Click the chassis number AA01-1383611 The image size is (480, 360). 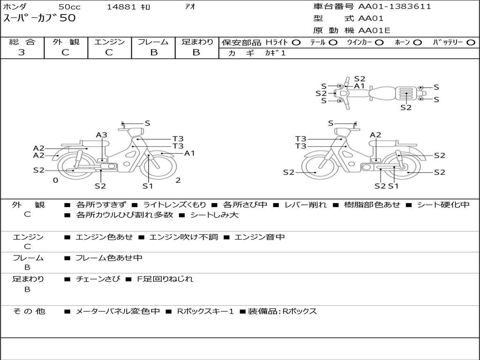click(x=395, y=7)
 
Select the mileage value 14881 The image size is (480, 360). click(x=121, y=7)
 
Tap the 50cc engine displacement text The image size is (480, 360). click(x=69, y=7)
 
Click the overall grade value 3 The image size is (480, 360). click(x=22, y=52)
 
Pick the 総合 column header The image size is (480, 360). click(x=22, y=42)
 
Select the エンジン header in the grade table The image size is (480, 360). click(x=109, y=42)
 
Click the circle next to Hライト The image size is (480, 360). click(x=296, y=42)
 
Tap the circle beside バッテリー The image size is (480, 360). click(x=471, y=42)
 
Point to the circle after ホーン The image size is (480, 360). click(x=417, y=42)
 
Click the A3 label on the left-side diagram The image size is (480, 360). click(x=102, y=135)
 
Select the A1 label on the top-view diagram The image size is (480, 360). click(x=360, y=86)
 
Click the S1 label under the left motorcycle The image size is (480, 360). click(x=148, y=186)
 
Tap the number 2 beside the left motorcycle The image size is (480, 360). click(x=178, y=180)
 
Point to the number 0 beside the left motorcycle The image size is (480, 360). click(x=55, y=180)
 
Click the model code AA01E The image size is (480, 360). click(x=374, y=30)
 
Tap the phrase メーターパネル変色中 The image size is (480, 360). click(x=118, y=311)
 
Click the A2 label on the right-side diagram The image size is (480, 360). click(x=375, y=135)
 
